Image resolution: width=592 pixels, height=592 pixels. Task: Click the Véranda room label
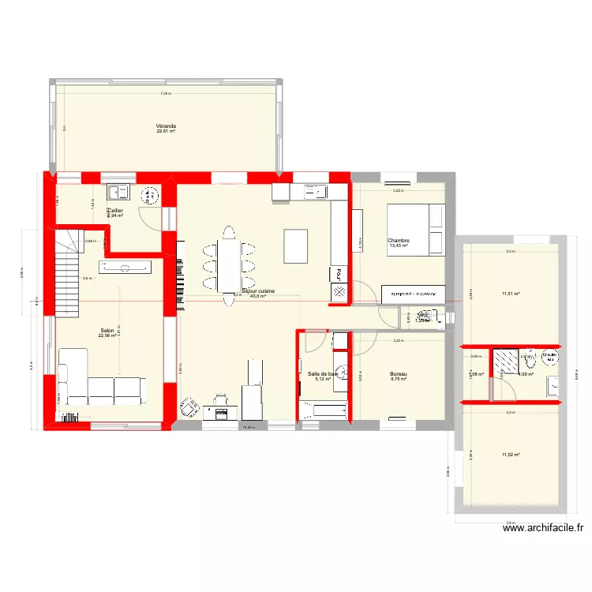[166, 126]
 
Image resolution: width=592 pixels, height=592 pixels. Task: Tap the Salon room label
[107, 331]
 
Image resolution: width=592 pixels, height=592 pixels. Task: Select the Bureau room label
[398, 374]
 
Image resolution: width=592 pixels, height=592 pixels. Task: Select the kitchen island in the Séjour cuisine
[296, 245]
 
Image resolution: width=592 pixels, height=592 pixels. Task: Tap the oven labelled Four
[338, 275]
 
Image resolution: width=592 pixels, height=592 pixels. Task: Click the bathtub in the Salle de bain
[322, 409]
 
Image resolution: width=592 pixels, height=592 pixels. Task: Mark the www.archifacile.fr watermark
[545, 530]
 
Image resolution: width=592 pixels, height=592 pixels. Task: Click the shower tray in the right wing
[504, 361]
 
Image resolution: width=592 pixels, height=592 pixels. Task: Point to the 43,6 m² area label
[258, 297]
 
